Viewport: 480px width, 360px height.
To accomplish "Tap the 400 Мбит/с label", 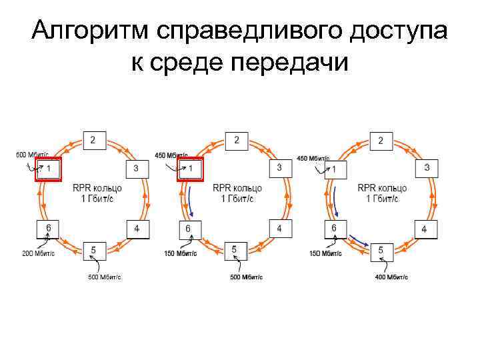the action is point(392,277).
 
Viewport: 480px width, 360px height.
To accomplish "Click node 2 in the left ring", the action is point(93,140).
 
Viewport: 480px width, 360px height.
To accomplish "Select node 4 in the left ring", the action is point(137,229).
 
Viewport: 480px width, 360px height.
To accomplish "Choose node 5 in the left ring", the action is point(93,251).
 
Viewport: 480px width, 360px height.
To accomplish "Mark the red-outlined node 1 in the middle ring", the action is point(190,169).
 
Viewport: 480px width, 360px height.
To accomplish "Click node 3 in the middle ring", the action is point(280,167).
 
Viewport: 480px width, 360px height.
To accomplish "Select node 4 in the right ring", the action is point(424,229).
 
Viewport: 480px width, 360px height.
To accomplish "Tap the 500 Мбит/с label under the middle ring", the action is point(246,277).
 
